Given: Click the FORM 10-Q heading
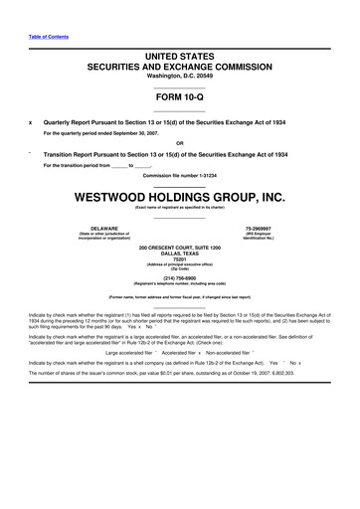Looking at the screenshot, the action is point(179,95).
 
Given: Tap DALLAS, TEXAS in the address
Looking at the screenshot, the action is point(179,253).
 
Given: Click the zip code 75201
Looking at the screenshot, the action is point(179,259).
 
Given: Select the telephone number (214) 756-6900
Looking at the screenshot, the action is point(179,280).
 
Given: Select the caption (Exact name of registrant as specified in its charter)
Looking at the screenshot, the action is point(179,206).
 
